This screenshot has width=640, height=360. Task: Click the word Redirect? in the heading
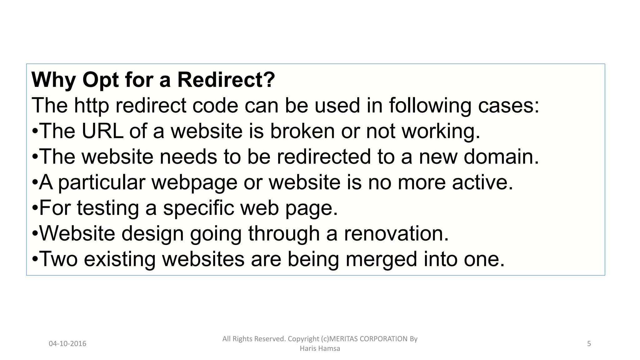(x=226, y=80)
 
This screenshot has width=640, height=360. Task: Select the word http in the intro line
(x=91, y=106)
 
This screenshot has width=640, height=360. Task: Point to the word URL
(x=102, y=131)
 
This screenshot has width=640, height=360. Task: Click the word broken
(x=303, y=131)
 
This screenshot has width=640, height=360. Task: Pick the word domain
(x=501, y=157)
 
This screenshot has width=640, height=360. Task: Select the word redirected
(x=324, y=157)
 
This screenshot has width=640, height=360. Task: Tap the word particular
(x=102, y=183)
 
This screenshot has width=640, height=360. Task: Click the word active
(x=482, y=182)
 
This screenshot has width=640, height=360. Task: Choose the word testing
(x=108, y=208)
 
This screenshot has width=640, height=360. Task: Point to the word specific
(x=198, y=208)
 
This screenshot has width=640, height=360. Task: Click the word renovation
(x=396, y=234)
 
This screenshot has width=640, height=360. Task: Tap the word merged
(x=381, y=260)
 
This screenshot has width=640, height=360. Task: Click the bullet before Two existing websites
(x=35, y=259)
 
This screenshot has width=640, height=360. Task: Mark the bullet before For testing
(x=35, y=208)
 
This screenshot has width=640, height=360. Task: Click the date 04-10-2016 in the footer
(x=67, y=344)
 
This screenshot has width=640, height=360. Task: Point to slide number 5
(x=589, y=344)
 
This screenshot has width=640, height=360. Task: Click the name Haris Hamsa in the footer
(x=320, y=348)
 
